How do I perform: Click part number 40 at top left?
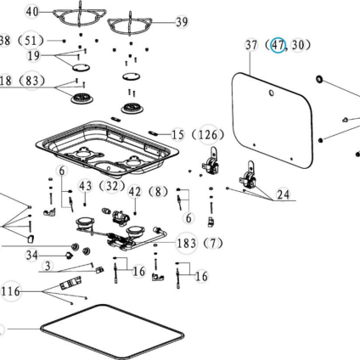(x=32, y=12)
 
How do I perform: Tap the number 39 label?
(x=182, y=22)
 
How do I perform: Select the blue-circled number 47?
(x=278, y=45)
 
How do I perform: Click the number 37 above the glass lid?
(x=251, y=45)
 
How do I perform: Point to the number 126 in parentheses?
(x=208, y=135)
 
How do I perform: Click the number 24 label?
(x=284, y=194)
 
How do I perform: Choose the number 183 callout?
(x=186, y=243)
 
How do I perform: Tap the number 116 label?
(x=11, y=291)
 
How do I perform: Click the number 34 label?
(x=32, y=256)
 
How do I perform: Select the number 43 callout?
(x=85, y=186)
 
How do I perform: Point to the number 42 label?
(x=135, y=192)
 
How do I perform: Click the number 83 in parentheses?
(x=31, y=81)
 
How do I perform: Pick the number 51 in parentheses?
(x=31, y=41)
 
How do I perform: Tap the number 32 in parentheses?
(x=112, y=186)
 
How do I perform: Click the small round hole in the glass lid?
(x=271, y=93)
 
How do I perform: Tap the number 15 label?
(x=178, y=135)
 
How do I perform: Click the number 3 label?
(x=48, y=266)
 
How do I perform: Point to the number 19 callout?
(x=33, y=55)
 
